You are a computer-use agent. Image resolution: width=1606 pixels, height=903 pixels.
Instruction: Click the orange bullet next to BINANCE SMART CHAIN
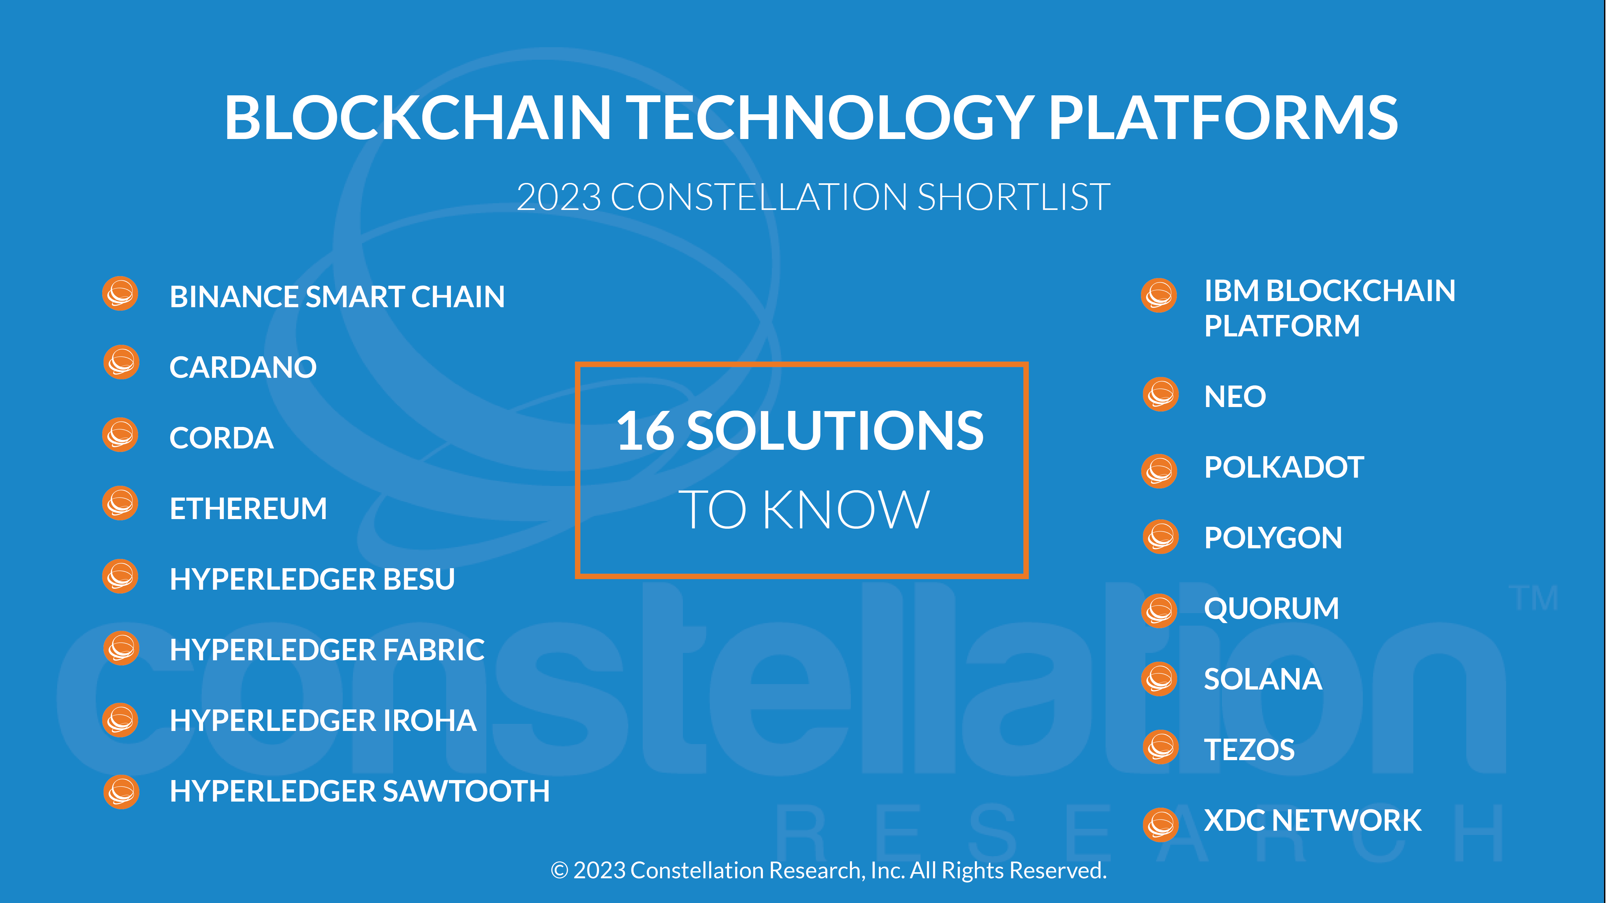[x=120, y=293]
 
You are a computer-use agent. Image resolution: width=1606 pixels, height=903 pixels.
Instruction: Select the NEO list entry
[x=1235, y=396]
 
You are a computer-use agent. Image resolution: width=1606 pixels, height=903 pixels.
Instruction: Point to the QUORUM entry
[x=1272, y=609]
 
